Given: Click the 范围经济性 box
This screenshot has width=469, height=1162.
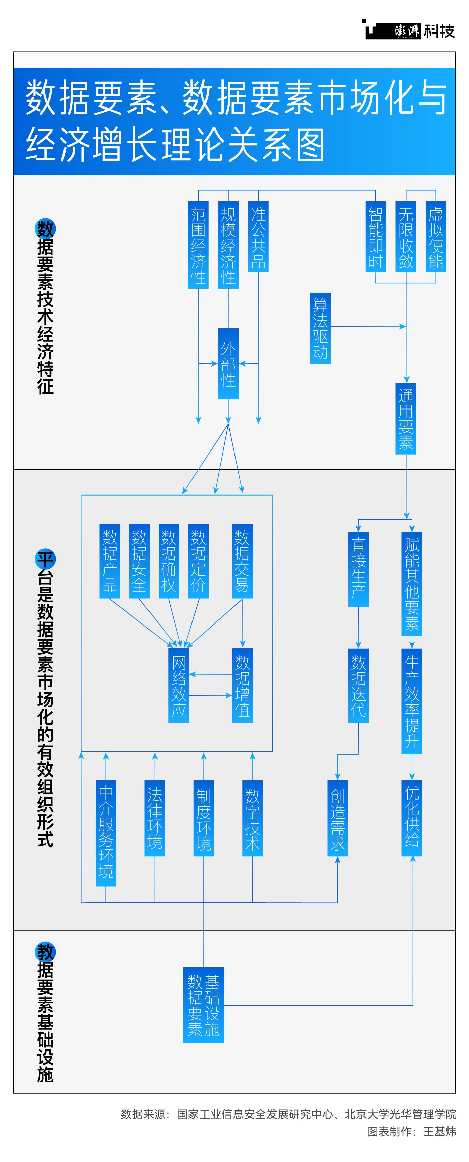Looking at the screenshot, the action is point(198,245).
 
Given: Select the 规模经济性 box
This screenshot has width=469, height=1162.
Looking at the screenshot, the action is point(228,245).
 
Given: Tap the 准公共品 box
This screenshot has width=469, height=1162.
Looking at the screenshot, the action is point(258,236).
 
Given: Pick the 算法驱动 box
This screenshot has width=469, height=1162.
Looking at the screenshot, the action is point(320,328).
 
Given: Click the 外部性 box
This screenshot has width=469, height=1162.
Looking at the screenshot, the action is point(228,363).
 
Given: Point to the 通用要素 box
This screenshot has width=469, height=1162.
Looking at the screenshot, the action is point(406,419).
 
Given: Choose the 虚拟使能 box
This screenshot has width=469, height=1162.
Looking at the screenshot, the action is point(436,236).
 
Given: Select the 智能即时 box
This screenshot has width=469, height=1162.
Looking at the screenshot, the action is point(376,236).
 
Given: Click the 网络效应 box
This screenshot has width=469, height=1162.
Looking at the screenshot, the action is point(179,685).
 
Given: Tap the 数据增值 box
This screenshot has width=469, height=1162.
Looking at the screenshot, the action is point(243,685).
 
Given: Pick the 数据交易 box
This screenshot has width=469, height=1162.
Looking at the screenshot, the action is point(243,561).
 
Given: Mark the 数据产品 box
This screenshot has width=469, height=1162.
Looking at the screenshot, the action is point(110,561).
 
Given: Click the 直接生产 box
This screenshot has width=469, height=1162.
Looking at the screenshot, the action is point(358,569).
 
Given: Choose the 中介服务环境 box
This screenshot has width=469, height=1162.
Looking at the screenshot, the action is point(106,833).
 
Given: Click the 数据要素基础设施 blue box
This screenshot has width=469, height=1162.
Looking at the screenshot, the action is point(203,1005).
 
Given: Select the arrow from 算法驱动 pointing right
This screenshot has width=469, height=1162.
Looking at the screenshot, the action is point(368,326).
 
